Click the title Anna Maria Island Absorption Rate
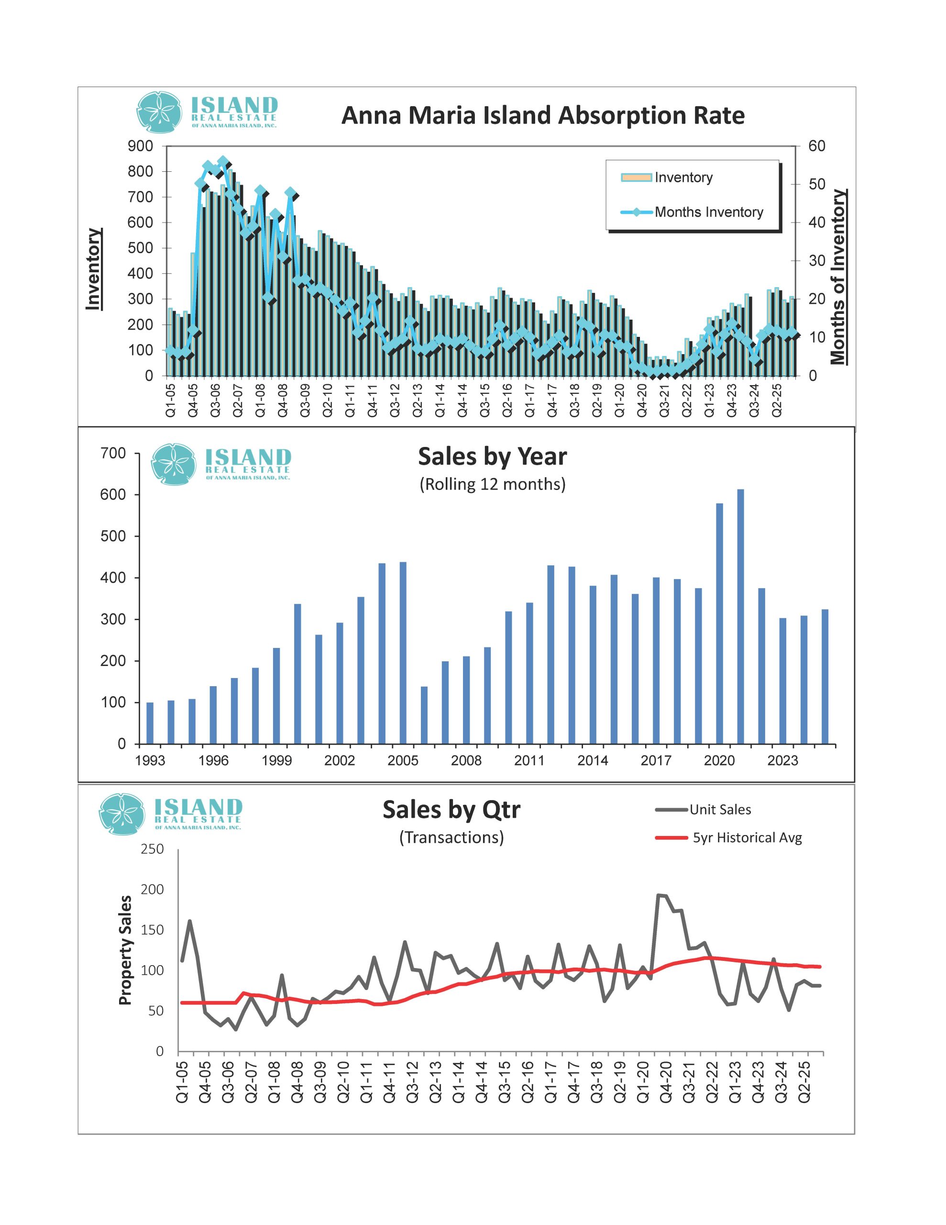[x=542, y=115]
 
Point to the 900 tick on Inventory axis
[x=140, y=146]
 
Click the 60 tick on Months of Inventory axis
[x=816, y=146]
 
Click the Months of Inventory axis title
[x=838, y=277]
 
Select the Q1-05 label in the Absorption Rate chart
[x=170, y=400]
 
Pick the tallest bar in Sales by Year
[x=740, y=616]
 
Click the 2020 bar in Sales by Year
[x=719, y=623]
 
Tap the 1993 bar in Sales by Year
[x=150, y=723]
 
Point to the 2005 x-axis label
[x=403, y=760]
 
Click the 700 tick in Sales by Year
[x=113, y=453]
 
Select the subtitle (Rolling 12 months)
[x=492, y=484]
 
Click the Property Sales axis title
[x=126, y=950]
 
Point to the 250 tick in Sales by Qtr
[x=152, y=849]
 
